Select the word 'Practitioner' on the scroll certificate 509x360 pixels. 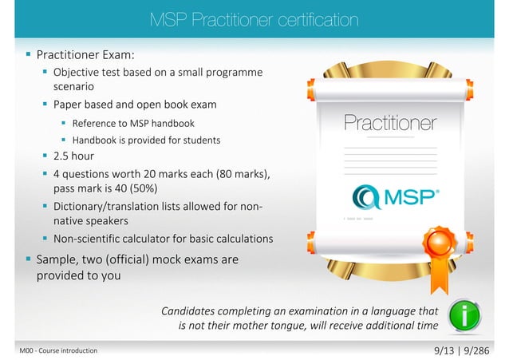(389, 123)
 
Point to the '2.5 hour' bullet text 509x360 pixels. (73, 156)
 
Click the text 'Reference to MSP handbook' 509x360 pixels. (133, 123)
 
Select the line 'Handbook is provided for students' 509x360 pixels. (146, 140)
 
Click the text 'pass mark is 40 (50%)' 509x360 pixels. (105, 189)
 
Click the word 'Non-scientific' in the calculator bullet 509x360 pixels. (86, 239)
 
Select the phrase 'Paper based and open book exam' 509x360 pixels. (134, 105)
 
